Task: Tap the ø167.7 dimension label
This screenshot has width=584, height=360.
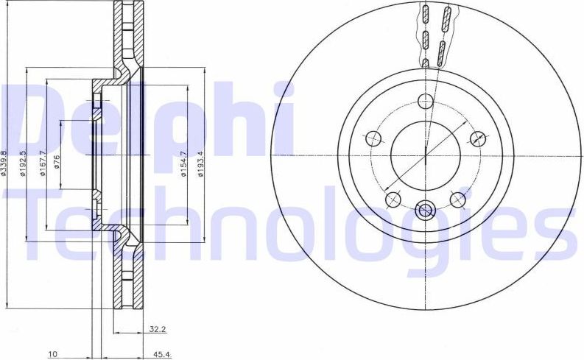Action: [44, 158]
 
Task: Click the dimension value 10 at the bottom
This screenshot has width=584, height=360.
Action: [52, 355]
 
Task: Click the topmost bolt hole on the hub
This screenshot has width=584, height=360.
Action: [425, 102]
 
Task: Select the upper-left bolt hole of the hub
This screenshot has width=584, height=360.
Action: [373, 138]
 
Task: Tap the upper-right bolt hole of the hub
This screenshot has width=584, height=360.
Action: [478, 138]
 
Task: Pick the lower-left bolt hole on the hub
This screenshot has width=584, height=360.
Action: [393, 199]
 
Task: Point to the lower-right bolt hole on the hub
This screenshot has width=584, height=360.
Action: [458, 199]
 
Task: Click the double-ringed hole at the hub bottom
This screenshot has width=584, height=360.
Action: [425, 211]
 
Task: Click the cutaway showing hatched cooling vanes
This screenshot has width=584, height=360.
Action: [435, 33]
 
